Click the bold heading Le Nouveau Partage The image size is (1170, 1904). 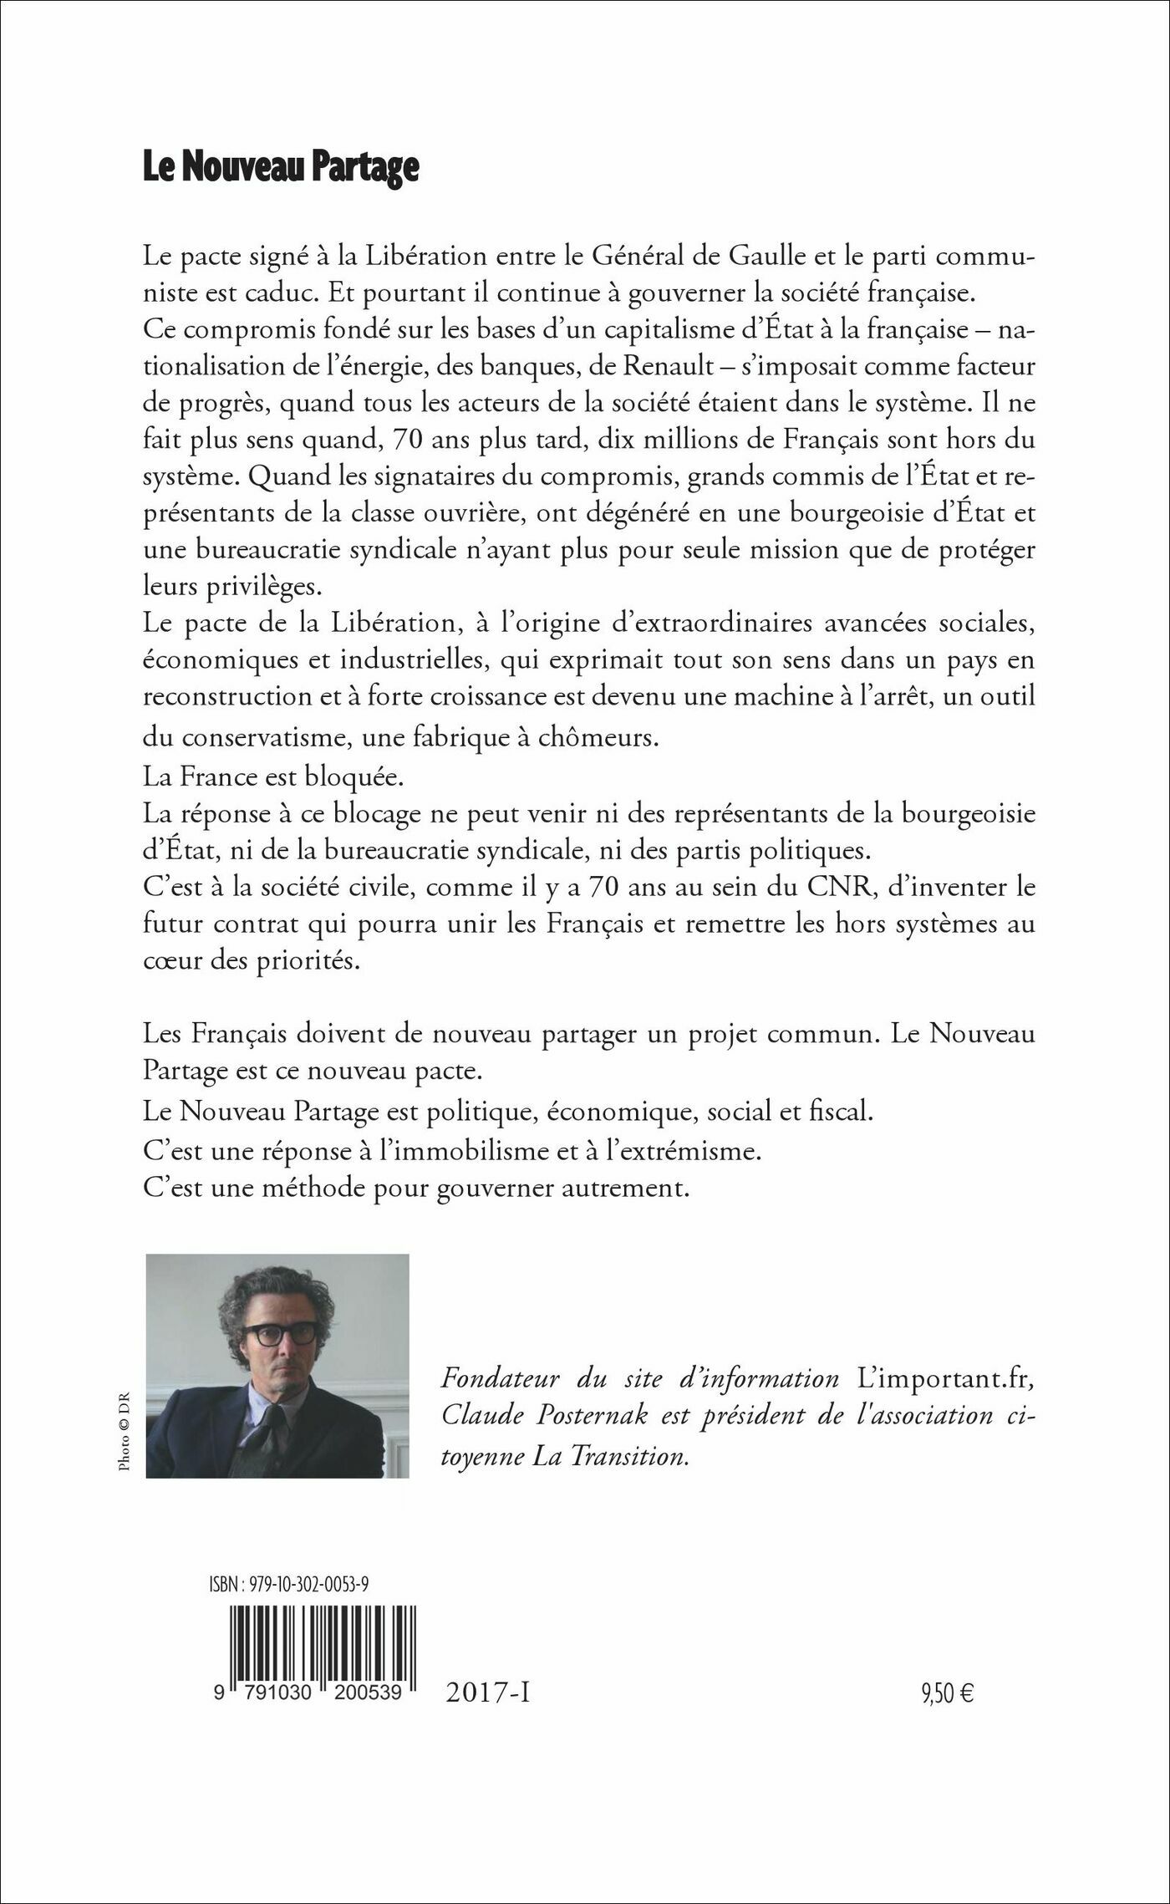[280, 168]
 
